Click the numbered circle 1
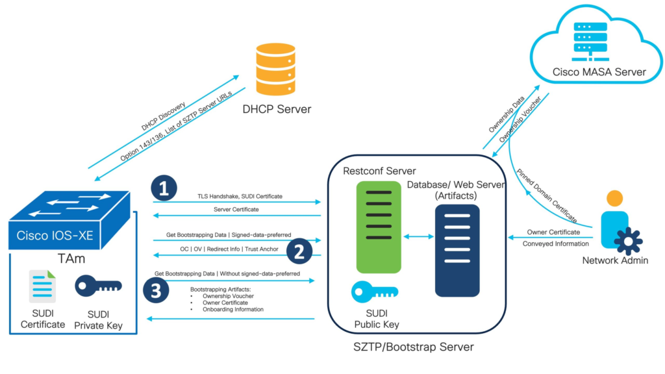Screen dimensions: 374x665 tap(164, 188)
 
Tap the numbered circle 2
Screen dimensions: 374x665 tap(299, 251)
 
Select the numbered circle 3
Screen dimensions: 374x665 tap(155, 292)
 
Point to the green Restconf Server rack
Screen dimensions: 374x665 tap(374, 227)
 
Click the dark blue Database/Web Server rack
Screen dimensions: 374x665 tap(457, 250)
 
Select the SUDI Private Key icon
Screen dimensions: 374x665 tap(98, 286)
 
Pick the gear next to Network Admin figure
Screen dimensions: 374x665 tap(628, 242)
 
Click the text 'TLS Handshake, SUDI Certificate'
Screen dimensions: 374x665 tap(240, 196)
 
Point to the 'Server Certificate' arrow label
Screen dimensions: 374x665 tap(236, 210)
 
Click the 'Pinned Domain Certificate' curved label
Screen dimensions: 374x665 tap(546, 195)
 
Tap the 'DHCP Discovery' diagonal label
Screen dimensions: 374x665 tap(163, 116)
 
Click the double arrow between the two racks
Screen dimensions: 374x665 tap(419, 237)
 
